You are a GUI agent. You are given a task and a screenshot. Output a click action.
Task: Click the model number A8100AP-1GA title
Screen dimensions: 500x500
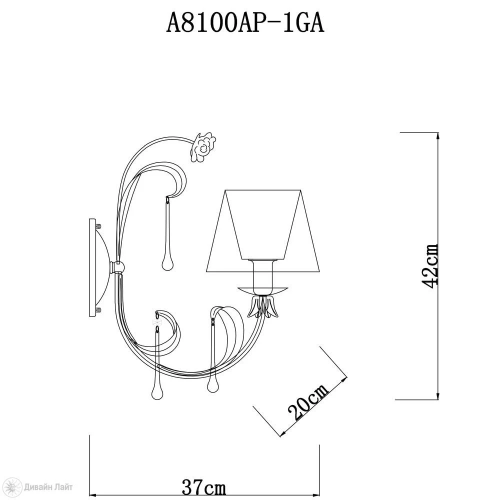pyautogui.click(x=245, y=23)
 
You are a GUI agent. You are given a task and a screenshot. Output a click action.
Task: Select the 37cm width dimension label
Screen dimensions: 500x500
pyautogui.click(x=204, y=487)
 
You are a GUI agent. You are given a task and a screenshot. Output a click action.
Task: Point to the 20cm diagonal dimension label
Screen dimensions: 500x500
pyautogui.click(x=307, y=402)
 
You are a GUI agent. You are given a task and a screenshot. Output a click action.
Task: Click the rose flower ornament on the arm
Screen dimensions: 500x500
pyautogui.click(x=202, y=147)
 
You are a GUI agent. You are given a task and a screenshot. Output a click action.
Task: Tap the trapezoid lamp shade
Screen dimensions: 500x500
pyautogui.click(x=263, y=231)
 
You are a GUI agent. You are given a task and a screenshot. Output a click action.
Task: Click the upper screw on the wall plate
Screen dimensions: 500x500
pyautogui.click(x=98, y=226)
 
